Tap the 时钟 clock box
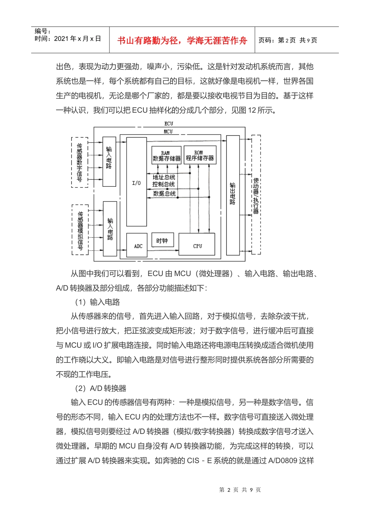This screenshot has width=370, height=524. [162, 241]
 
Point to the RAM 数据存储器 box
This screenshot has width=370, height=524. [166, 155]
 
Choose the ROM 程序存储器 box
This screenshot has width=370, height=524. [200, 155]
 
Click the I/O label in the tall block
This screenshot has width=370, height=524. [136, 183]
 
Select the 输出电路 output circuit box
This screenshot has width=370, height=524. [233, 195]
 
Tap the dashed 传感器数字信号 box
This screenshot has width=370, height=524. [79, 163]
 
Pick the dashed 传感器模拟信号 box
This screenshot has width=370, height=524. [80, 230]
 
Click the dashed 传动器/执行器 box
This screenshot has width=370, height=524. [256, 195]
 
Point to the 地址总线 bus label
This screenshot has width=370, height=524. [164, 177]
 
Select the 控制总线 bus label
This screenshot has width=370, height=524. [164, 184]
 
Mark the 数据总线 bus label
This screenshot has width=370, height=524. [164, 193]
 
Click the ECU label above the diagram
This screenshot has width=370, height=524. [169, 124]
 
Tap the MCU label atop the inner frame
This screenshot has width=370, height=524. [168, 131]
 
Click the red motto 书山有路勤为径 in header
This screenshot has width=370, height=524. [182, 41]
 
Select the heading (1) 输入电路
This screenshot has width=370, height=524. [97, 302]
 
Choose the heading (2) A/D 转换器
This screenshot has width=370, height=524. [100, 388]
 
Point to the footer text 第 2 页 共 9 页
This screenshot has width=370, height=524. [240, 490]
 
